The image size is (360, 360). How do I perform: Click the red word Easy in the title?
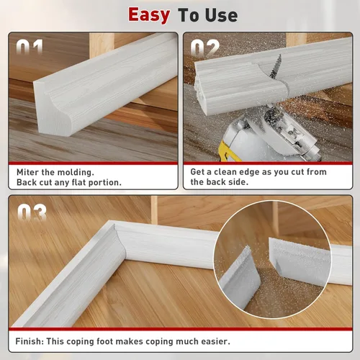pyautogui.click(x=149, y=15)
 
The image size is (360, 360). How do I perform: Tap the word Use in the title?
pyautogui.click(x=221, y=15)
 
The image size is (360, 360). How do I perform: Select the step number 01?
pyautogui.click(x=30, y=47)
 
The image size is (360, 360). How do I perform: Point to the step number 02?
pyautogui.click(x=205, y=48)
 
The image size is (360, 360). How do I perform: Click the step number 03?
pyautogui.click(x=32, y=212)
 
